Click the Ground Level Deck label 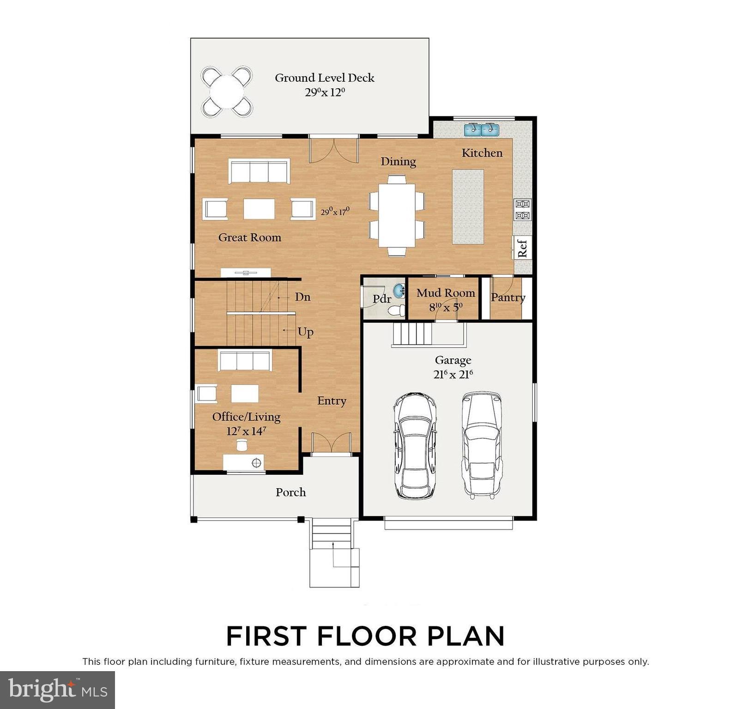[324, 78]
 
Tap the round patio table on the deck [227, 91]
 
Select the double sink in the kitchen [481, 130]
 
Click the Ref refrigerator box [523, 248]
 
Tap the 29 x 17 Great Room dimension [335, 212]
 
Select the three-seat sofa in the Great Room [259, 171]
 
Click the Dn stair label [302, 297]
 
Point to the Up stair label [305, 332]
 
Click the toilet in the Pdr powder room [396, 311]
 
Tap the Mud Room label [445, 293]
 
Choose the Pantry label [508, 297]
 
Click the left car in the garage [414, 446]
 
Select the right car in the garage [482, 445]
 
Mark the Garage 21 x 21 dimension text [453, 375]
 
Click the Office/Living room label [246, 417]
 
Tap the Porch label [290, 492]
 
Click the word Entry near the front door [331, 401]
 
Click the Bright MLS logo [57, 690]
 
